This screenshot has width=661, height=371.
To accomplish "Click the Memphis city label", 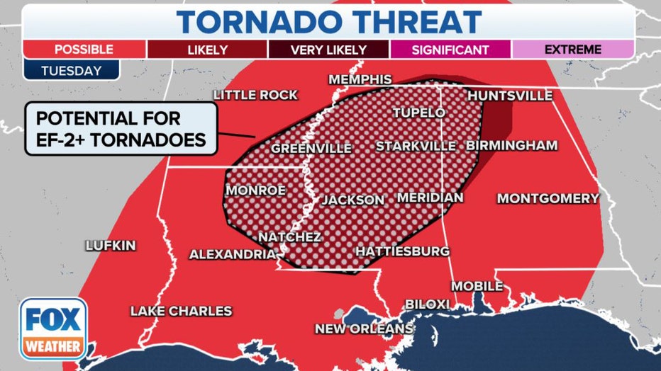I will click(x=360, y=79).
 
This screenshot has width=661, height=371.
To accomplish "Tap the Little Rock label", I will click(x=255, y=96).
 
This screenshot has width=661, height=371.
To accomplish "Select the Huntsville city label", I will click(x=510, y=96).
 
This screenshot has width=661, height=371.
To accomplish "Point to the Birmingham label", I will click(x=511, y=146).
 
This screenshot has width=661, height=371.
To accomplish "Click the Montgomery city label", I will click(x=548, y=199).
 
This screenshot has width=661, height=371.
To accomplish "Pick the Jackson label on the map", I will click(x=353, y=200).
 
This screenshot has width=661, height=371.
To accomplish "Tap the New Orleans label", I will click(x=365, y=329).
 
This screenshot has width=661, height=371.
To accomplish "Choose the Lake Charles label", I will click(x=181, y=311).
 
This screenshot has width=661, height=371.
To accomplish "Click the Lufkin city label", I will click(x=110, y=246).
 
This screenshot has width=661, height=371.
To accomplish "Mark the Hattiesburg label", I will click(x=402, y=251).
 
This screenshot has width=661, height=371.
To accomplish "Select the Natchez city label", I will click(x=289, y=236).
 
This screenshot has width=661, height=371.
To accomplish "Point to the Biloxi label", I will click(x=427, y=304).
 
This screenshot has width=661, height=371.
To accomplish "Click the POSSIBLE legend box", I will click(x=84, y=50).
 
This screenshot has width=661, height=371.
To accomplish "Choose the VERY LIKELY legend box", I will click(x=328, y=50).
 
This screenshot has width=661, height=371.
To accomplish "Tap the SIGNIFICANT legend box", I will click(x=450, y=50).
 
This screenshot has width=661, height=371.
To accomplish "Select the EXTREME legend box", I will click(x=572, y=50).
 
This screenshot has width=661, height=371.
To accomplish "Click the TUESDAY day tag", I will click(x=71, y=71).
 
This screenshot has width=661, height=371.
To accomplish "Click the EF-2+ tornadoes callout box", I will click(x=119, y=128).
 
